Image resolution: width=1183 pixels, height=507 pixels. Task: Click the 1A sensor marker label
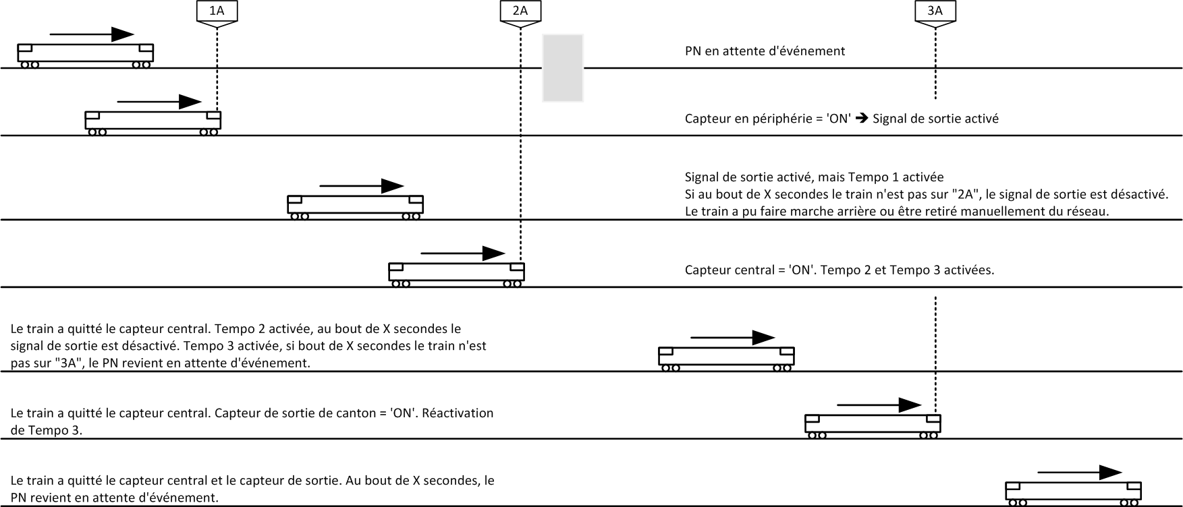coord(217,11)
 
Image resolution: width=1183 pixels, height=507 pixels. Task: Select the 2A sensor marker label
coord(520,11)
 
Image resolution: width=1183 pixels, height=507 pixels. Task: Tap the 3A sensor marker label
coord(935,11)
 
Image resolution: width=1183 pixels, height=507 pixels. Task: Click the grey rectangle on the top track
coord(563,67)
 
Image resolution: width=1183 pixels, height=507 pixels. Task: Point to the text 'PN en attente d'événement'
coord(765,51)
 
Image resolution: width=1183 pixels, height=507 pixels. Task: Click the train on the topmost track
coord(85,55)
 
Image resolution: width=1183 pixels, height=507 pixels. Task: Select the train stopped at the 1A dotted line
coord(153,122)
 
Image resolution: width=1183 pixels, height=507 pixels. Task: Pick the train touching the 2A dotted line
coord(456,273)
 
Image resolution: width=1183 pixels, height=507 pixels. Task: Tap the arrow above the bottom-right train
coord(1079,473)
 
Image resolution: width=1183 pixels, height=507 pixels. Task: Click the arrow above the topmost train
coord(92,34)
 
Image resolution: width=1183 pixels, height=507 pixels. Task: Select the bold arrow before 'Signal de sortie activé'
coord(861,119)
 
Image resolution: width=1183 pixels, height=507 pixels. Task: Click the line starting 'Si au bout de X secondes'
coord(926,194)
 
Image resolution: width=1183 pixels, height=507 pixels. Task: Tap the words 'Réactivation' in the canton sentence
coord(459,413)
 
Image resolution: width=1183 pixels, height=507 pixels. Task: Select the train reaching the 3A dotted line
coord(873,425)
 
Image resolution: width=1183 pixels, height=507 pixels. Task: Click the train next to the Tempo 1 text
coord(355,206)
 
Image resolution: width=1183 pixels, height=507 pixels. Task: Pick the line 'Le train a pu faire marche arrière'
coord(897,211)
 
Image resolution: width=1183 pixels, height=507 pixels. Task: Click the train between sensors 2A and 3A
coord(726,357)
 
